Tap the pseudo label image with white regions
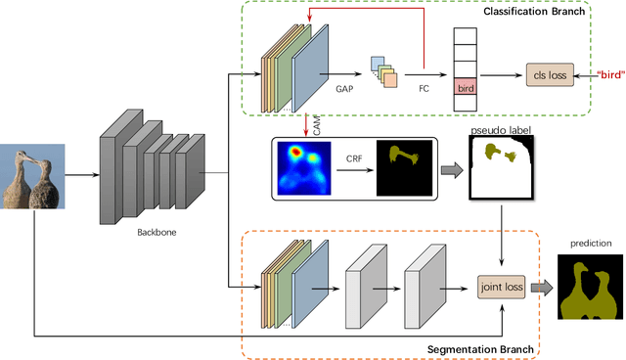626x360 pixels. click(502, 164)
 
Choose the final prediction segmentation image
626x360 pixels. click(588, 287)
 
